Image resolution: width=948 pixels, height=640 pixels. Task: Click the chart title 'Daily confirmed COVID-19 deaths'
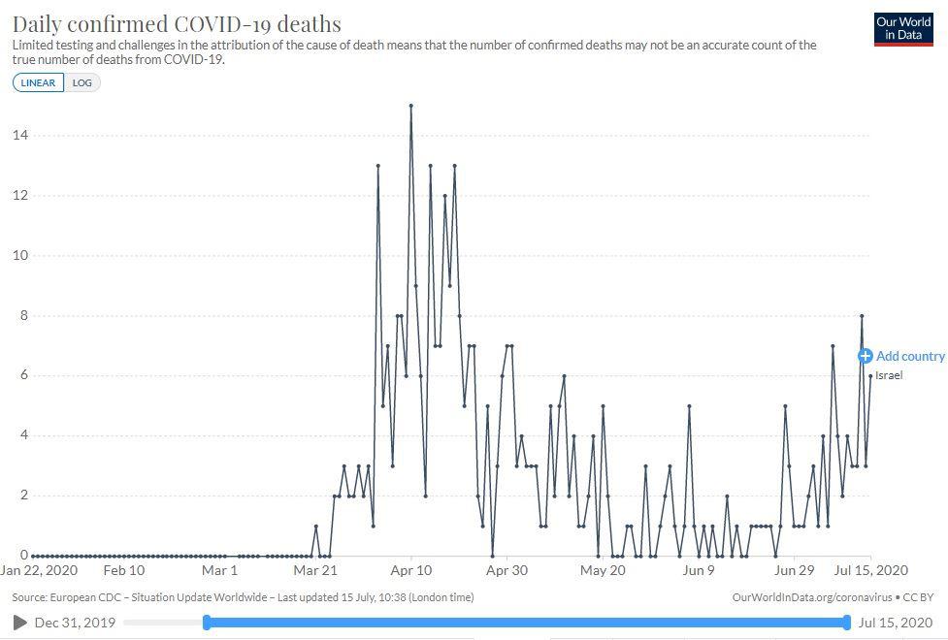click(177, 23)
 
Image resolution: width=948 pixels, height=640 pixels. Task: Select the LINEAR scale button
click(39, 82)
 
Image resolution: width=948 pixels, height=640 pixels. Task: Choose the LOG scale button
click(82, 82)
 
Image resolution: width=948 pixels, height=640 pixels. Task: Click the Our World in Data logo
click(903, 29)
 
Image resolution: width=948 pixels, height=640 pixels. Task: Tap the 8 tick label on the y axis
click(21, 316)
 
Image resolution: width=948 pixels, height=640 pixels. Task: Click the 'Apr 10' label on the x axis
click(410, 571)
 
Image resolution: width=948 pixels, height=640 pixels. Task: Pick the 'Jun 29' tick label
click(794, 571)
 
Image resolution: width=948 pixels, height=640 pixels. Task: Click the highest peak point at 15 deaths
click(410, 106)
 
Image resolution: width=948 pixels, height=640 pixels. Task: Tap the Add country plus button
click(866, 356)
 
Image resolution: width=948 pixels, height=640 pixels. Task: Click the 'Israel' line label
click(889, 375)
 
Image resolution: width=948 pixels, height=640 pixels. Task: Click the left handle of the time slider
click(207, 622)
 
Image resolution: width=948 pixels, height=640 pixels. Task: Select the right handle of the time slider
click(847, 622)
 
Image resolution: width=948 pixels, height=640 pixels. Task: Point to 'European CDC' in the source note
click(88, 597)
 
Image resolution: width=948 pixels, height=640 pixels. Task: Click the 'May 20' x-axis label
click(603, 571)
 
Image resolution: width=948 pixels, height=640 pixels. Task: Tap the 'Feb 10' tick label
click(123, 571)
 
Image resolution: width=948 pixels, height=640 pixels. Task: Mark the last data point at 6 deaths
click(870, 376)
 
